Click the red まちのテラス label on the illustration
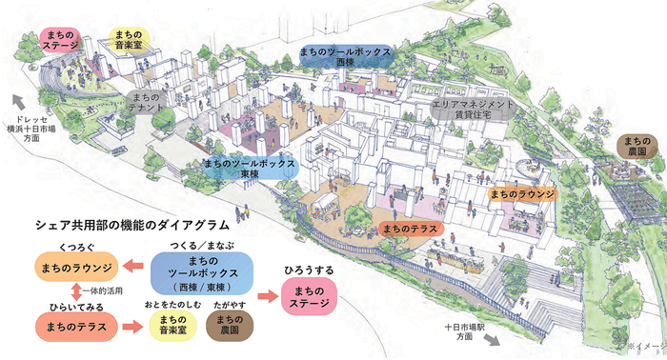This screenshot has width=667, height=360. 410,229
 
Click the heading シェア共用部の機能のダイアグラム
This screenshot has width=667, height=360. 133,229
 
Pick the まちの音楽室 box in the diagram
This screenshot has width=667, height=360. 172,327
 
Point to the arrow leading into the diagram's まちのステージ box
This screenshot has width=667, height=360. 270,294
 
